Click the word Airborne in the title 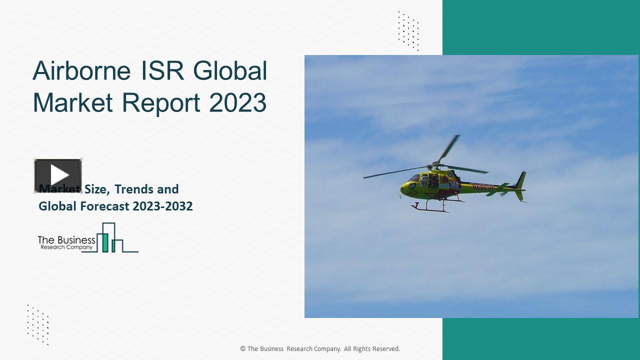(82, 71)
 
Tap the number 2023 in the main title (237, 102)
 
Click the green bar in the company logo (105, 242)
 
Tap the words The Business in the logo (66, 240)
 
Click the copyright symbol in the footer (243, 349)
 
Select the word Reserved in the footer (384, 349)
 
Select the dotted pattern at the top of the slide (408, 30)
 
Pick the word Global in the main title (230, 71)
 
